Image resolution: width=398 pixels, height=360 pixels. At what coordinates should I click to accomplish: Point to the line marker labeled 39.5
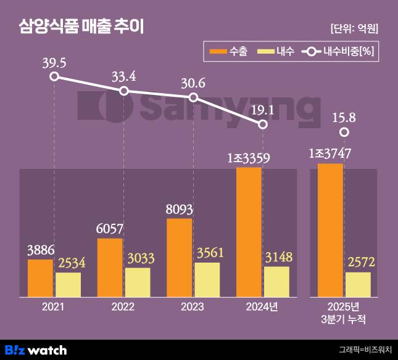click(x=54, y=76)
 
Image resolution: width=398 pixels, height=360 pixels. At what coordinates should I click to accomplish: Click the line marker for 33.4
click(x=124, y=91)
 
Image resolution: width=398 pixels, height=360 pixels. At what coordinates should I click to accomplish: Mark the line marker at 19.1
click(x=263, y=124)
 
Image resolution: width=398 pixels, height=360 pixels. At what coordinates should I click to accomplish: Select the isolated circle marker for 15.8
click(x=345, y=132)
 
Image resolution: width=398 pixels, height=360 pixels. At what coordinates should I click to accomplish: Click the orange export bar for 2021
click(x=40, y=278)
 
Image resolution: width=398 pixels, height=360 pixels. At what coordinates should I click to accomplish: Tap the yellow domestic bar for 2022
click(x=138, y=282)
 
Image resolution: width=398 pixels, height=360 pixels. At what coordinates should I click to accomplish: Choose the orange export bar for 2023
click(x=180, y=257)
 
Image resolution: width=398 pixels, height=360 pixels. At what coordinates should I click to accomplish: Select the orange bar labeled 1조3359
click(x=249, y=232)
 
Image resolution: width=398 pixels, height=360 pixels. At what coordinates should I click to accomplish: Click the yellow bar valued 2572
click(x=358, y=284)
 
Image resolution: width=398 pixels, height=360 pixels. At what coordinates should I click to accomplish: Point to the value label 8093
click(x=179, y=210)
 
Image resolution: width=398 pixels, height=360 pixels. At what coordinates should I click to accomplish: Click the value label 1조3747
click(x=331, y=154)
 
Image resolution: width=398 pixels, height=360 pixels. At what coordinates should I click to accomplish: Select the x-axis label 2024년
click(x=262, y=306)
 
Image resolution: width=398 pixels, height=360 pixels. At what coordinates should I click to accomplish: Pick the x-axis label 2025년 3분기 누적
click(x=344, y=313)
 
